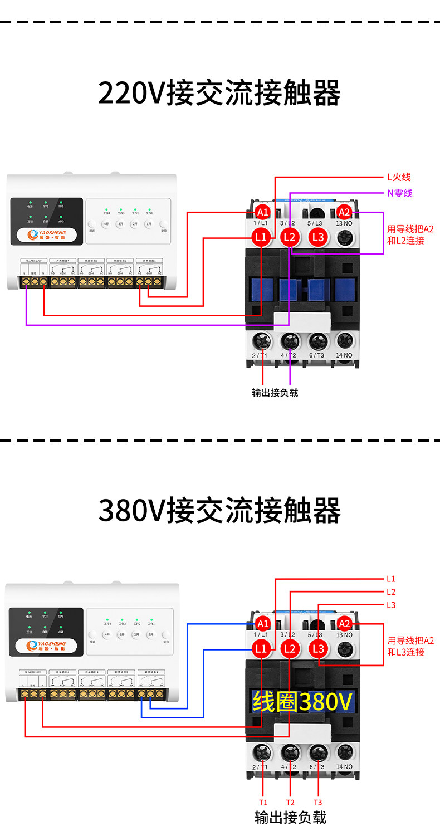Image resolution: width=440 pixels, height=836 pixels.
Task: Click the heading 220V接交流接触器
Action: tap(219, 93)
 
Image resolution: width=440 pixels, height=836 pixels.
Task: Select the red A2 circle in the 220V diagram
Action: tap(344, 212)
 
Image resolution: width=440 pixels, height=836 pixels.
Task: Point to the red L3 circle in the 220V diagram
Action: tap(318, 237)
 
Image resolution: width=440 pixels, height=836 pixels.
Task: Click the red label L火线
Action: tap(399, 178)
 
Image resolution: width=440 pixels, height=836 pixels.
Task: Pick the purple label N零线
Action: tap(399, 193)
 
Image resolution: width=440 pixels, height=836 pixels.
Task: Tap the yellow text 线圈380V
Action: tap(302, 702)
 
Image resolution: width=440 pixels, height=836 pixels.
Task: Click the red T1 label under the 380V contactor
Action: tap(263, 803)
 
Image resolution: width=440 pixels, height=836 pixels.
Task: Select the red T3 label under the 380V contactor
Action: tap(317, 803)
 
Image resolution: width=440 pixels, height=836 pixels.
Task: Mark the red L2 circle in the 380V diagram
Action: tap(289, 648)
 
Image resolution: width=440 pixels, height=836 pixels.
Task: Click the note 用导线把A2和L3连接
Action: tap(410, 646)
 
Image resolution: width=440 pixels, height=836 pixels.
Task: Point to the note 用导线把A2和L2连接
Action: tap(410, 235)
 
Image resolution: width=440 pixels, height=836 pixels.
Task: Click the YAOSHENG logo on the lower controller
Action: tap(47, 646)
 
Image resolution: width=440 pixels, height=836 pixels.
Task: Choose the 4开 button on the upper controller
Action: tap(105, 224)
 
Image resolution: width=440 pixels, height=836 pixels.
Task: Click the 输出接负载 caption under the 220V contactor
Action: tap(275, 393)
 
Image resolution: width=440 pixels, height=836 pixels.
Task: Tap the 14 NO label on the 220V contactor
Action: tap(344, 355)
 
